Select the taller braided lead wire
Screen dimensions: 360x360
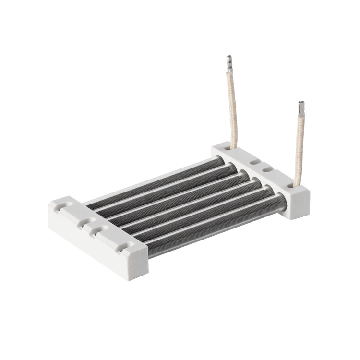(232, 110)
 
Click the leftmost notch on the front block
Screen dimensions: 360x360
(61, 207)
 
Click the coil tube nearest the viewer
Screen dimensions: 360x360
(216, 226)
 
